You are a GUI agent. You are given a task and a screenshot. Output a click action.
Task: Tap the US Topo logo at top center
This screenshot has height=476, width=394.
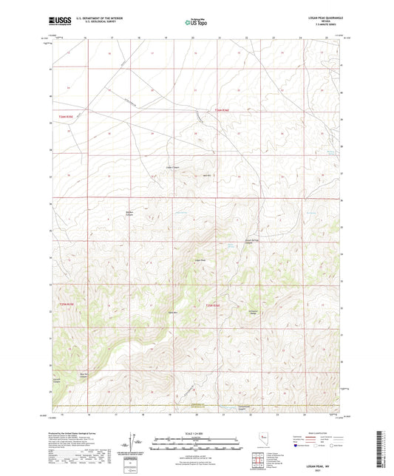click(x=196, y=24)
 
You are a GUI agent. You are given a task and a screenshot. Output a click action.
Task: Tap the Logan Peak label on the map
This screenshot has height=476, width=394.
click(x=199, y=259)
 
